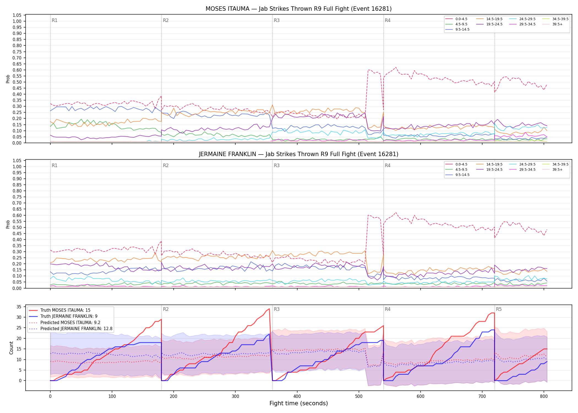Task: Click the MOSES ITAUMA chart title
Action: pyautogui.click(x=299, y=9)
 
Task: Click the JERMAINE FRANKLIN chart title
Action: pyautogui.click(x=299, y=154)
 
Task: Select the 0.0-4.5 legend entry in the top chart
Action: pyautogui.click(x=457, y=19)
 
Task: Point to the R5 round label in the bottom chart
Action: pyautogui.click(x=499, y=309)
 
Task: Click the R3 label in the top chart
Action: pyautogui.click(x=277, y=20)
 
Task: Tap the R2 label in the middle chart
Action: pyautogui.click(x=166, y=165)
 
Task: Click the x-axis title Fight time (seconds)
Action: pyautogui.click(x=299, y=403)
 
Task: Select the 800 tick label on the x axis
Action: pyautogui.click(x=544, y=396)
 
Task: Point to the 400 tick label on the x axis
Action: pyautogui.click(x=297, y=396)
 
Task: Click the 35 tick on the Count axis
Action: pyautogui.click(x=19, y=307)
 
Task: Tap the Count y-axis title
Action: pyautogui.click(x=11, y=348)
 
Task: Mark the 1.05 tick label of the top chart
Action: pyautogui.click(x=17, y=15)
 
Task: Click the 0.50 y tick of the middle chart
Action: pyautogui.click(x=17, y=227)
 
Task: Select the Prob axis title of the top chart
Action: pyautogui.click(x=8, y=79)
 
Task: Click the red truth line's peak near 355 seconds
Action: pyautogui.click(x=269, y=309)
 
